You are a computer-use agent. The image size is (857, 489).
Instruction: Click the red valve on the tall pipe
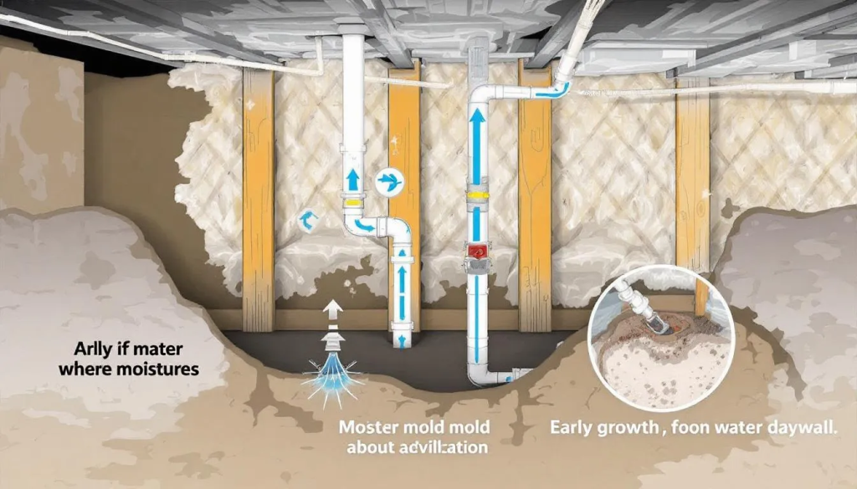[476, 252]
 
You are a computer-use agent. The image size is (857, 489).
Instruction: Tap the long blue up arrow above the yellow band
[476, 146]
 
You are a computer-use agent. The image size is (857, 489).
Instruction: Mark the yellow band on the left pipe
[353, 201]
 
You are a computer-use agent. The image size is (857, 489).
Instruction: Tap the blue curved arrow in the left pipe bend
[364, 224]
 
